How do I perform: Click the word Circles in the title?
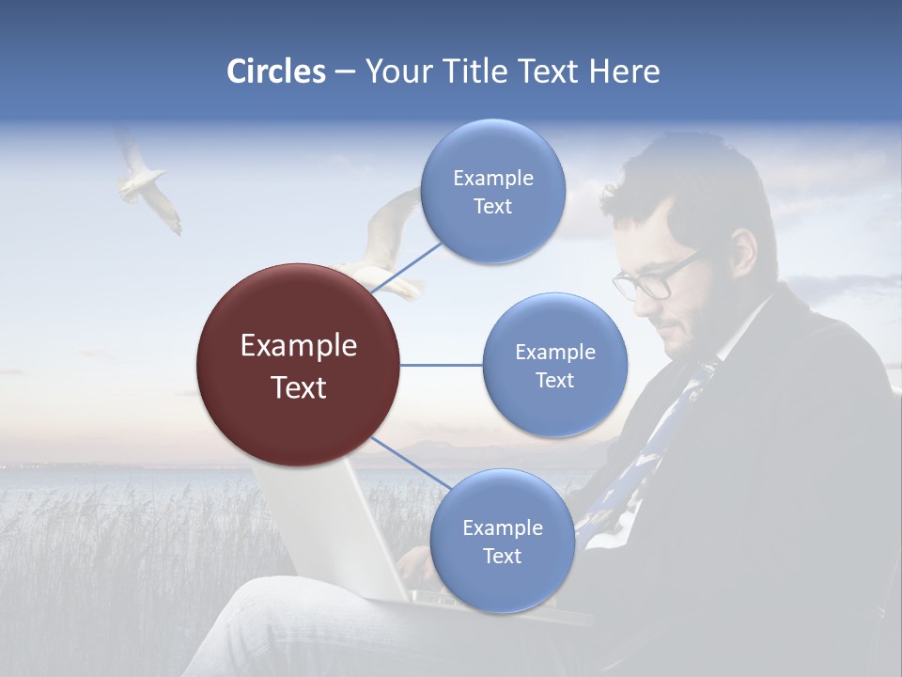(275, 71)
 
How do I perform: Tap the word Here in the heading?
(624, 71)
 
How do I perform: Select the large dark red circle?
(298, 365)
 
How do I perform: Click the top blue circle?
(492, 191)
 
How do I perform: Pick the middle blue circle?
(554, 365)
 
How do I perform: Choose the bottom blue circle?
(502, 541)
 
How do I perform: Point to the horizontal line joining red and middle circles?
(441, 365)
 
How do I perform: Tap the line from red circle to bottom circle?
(412, 465)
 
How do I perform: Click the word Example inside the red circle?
(298, 346)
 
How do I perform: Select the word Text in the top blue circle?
(492, 207)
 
